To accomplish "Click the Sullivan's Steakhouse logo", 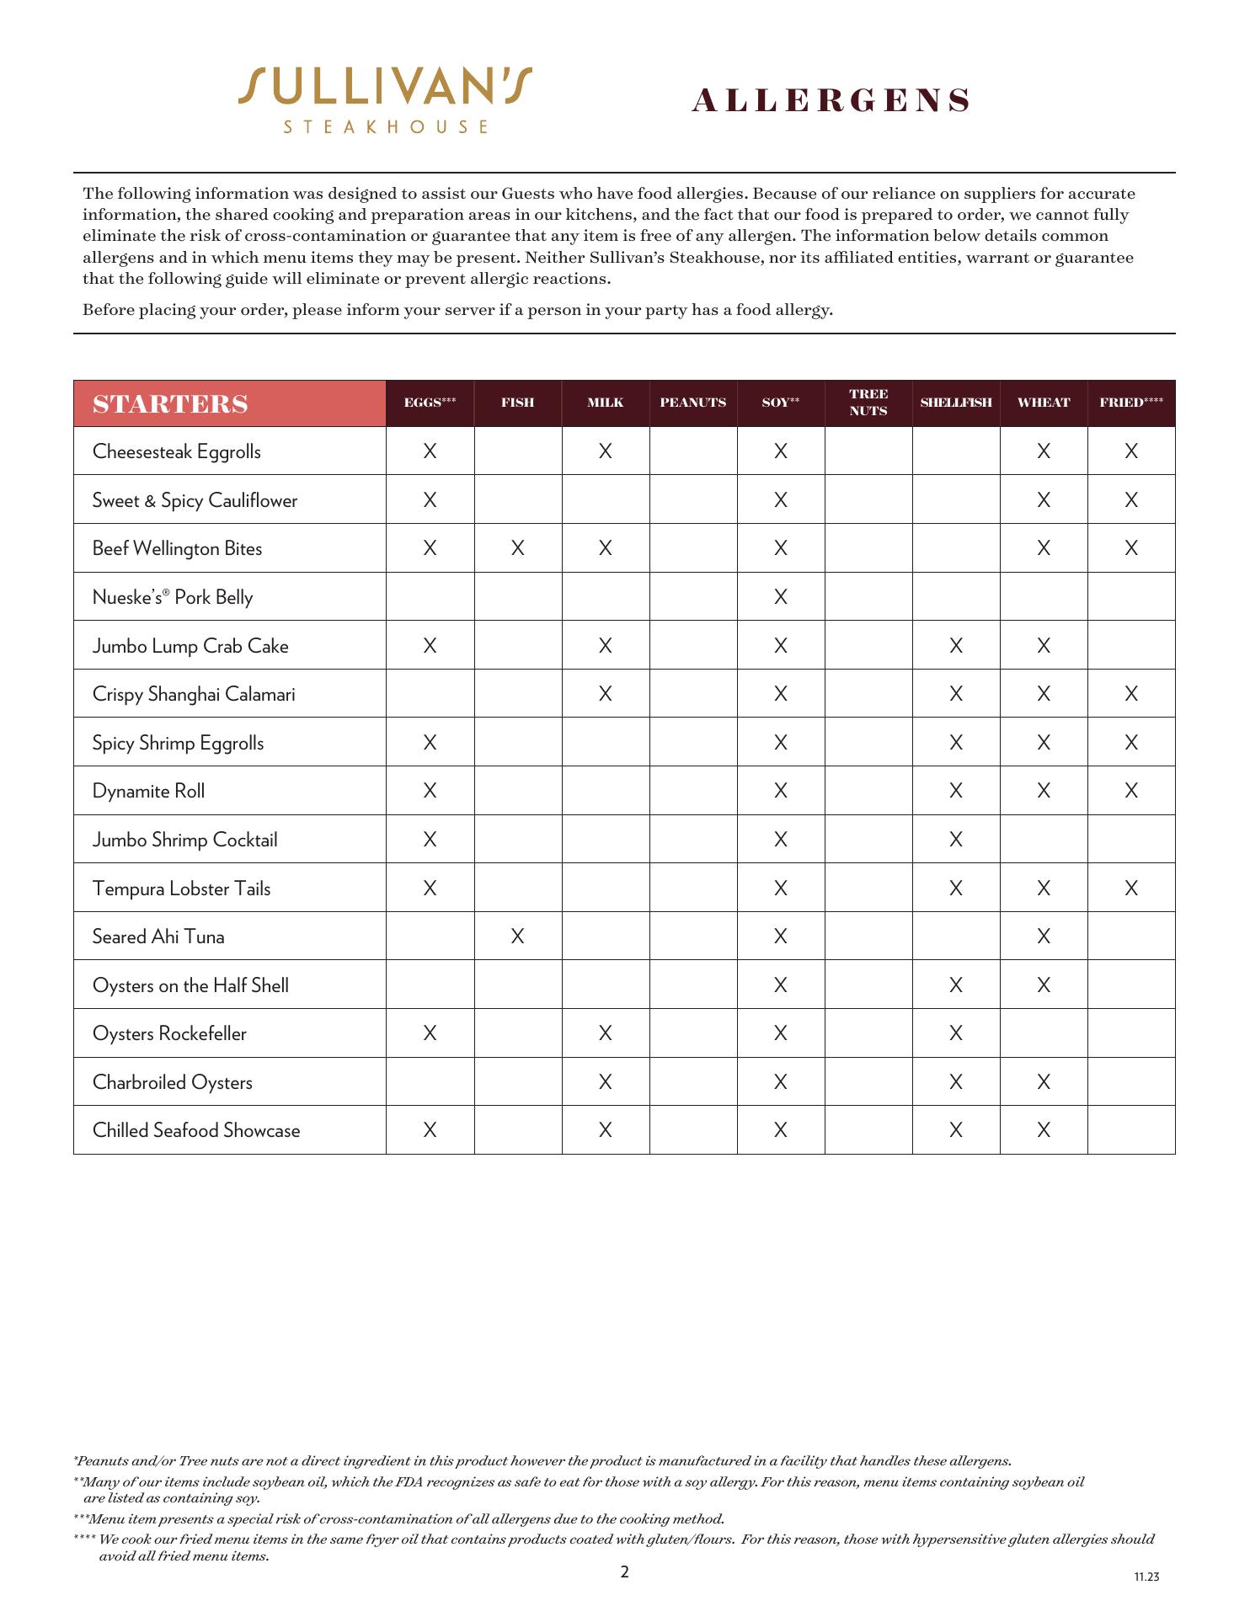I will coord(385,99).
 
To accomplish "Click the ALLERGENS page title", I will coord(831,101).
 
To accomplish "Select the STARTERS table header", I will coord(171,404).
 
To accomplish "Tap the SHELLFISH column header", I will coord(956,403).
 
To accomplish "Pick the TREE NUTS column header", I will coord(868,403).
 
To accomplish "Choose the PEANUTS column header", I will coord(693,403).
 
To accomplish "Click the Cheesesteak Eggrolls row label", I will coord(177,451).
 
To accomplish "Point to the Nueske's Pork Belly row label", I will coord(173,597).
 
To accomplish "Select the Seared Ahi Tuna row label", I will coord(158,937).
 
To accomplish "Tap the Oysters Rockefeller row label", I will coord(169,1033).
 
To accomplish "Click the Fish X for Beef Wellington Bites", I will coord(518,548).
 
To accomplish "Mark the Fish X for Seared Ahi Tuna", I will coord(518,937).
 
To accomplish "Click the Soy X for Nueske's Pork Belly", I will coord(781,597).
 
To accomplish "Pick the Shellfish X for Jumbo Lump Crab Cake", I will coord(956,646).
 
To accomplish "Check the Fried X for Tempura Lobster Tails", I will coord(1131,888).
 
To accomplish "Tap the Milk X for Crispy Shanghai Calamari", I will coord(606,694).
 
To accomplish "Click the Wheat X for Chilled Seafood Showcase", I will coord(1044,1130).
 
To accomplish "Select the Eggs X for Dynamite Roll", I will coord(430,791).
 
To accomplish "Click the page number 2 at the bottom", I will coord(624,1572).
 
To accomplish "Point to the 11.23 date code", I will coord(1146,1577).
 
